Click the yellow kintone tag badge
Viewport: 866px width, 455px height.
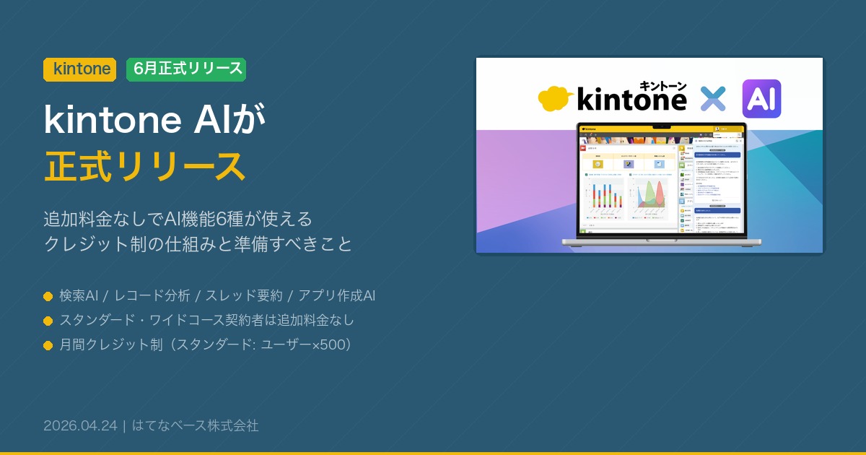pos(80,69)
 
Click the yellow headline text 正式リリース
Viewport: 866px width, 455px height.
pos(144,165)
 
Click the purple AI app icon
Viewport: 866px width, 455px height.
pos(761,99)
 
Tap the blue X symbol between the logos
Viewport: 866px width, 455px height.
pos(713,99)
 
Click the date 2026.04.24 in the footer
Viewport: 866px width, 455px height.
pos(80,425)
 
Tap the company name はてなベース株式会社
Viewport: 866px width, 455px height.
pos(195,425)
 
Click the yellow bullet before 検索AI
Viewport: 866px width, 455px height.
pos(48,296)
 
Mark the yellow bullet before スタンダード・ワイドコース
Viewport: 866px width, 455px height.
pos(48,321)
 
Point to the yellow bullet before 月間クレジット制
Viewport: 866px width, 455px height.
pos(48,345)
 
